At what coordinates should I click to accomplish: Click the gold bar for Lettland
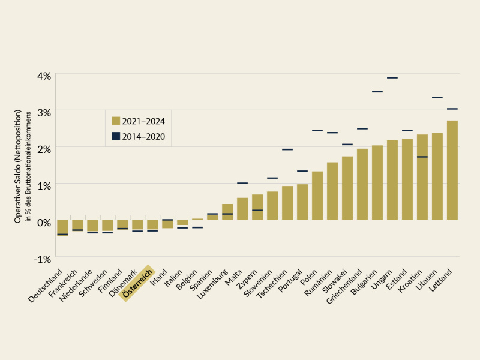click(x=452, y=170)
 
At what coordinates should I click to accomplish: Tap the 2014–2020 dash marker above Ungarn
click(x=392, y=78)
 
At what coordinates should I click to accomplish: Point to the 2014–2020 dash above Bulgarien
click(x=377, y=92)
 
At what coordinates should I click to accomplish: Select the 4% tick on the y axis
click(x=44, y=76)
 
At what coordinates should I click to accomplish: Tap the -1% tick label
click(x=43, y=259)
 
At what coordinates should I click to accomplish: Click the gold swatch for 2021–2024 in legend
click(x=115, y=121)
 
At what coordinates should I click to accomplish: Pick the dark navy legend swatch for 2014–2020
click(x=115, y=137)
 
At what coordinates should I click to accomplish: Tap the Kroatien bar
click(x=422, y=177)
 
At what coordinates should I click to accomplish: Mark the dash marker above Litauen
click(x=437, y=97)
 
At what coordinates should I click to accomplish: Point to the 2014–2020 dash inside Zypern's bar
click(x=257, y=210)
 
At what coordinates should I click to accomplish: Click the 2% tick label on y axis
click(x=44, y=149)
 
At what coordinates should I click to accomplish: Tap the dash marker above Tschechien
click(x=287, y=149)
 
